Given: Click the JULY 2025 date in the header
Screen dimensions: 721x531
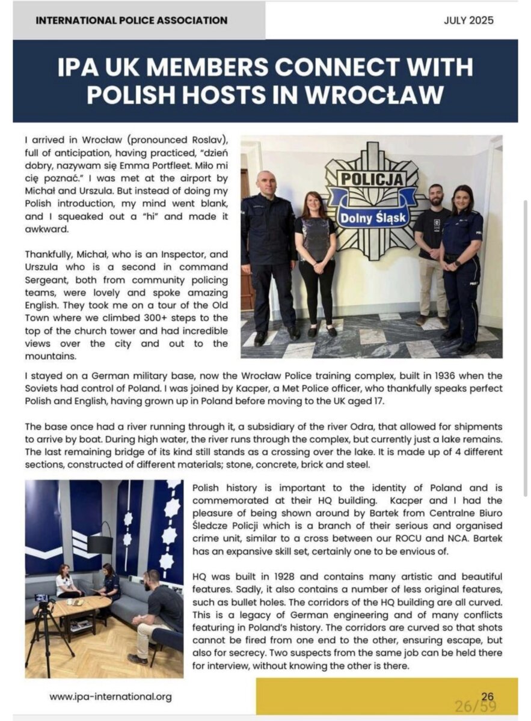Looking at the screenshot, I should tap(468, 20).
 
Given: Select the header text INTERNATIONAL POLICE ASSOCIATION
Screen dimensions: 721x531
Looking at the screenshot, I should tap(132, 20).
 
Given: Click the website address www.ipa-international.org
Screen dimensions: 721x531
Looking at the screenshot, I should tap(111, 697).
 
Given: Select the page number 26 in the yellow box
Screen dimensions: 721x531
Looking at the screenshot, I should tap(487, 696).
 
